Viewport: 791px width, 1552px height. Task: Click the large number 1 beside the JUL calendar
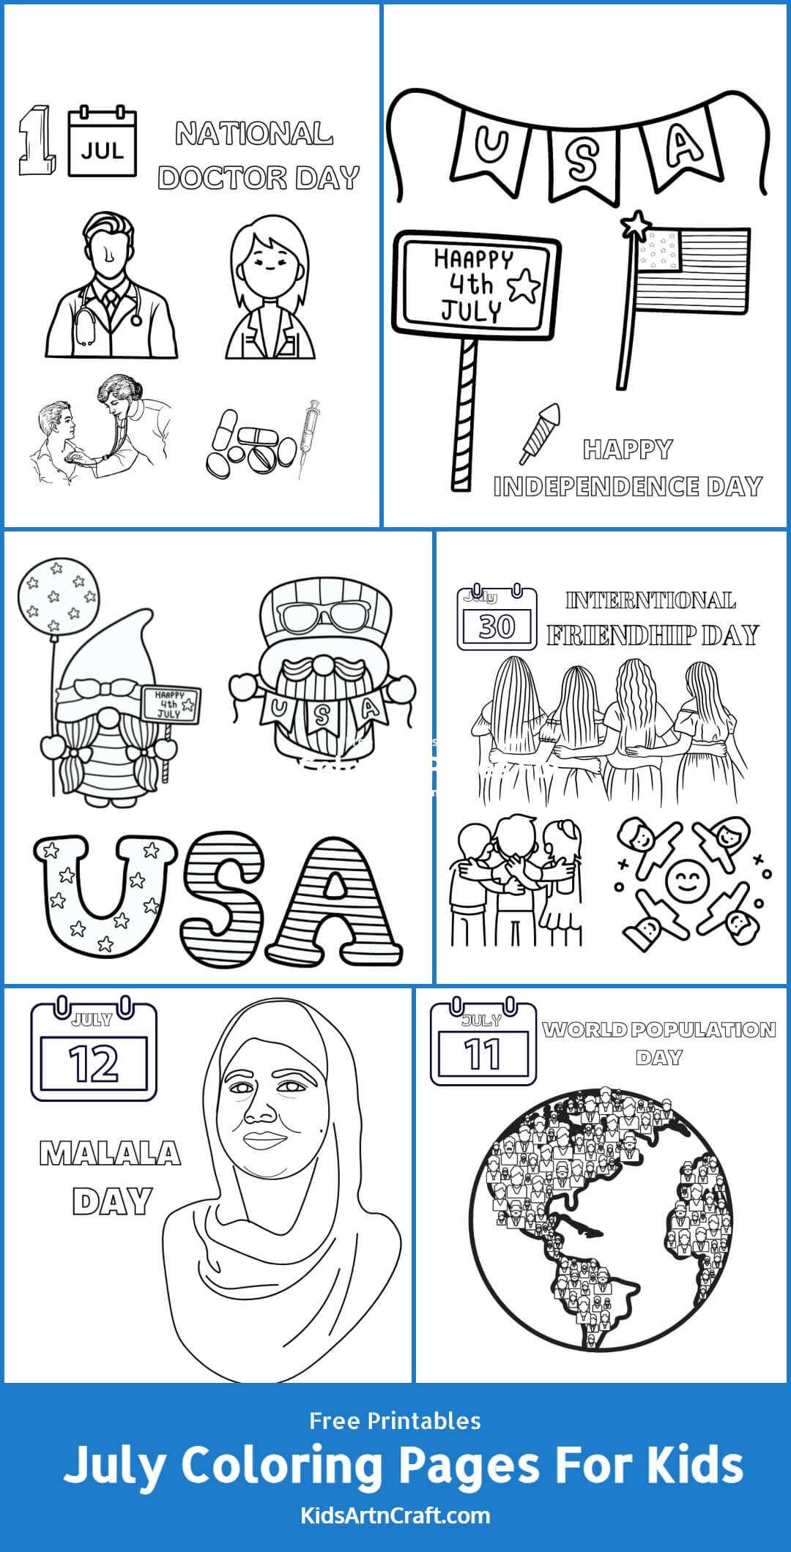[x=37, y=141]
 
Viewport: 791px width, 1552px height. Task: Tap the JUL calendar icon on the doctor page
[x=103, y=143]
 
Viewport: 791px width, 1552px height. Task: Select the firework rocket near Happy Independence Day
[x=540, y=433]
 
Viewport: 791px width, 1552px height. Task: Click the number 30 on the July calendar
[x=497, y=627]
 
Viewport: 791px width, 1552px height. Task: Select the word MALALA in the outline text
[x=110, y=1154]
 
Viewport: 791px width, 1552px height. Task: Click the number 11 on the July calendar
[x=483, y=1054]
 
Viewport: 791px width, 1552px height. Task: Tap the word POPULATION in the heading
[x=703, y=1030]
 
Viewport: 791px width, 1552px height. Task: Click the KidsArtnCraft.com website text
[x=395, y=1515]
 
